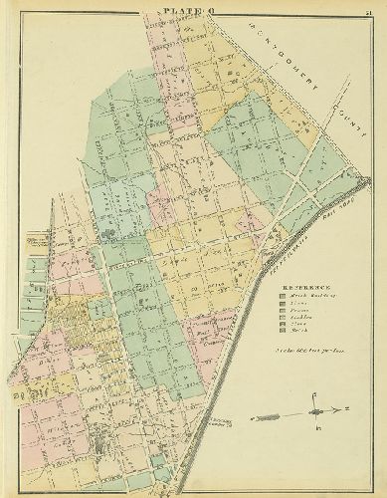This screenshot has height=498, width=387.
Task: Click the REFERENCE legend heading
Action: pyautogui.click(x=303, y=290)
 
